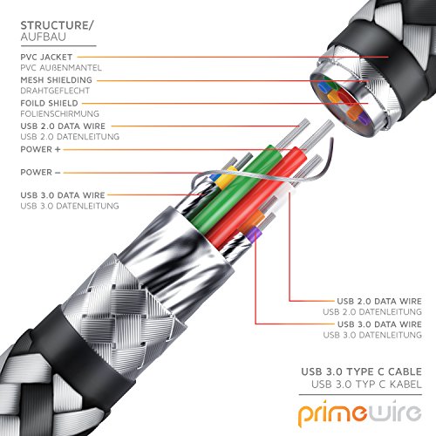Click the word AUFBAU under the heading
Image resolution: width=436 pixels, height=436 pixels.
tap(44, 37)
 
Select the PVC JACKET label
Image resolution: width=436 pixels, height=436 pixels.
tap(46, 57)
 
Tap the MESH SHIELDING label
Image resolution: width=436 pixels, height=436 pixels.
tap(56, 80)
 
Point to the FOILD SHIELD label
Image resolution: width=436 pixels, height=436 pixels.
tap(50, 103)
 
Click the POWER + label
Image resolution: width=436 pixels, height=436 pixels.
tap(40, 149)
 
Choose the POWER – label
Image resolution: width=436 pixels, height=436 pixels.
tap(40, 173)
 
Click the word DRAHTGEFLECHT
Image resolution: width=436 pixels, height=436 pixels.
tap(55, 91)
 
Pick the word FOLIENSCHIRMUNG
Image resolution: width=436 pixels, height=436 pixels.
tap(59, 113)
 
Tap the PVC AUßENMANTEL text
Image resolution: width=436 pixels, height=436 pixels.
tap(61, 68)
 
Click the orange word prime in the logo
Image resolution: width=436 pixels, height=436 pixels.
tap(333, 414)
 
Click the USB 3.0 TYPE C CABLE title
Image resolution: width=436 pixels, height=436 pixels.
tap(361, 371)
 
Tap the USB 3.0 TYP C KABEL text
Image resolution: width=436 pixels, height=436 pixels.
tap(366, 385)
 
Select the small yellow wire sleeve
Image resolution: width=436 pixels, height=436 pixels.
tap(227, 177)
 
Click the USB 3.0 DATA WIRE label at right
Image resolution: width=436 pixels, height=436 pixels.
tap(379, 324)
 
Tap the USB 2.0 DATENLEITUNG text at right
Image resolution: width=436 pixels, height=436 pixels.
tap(372, 312)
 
